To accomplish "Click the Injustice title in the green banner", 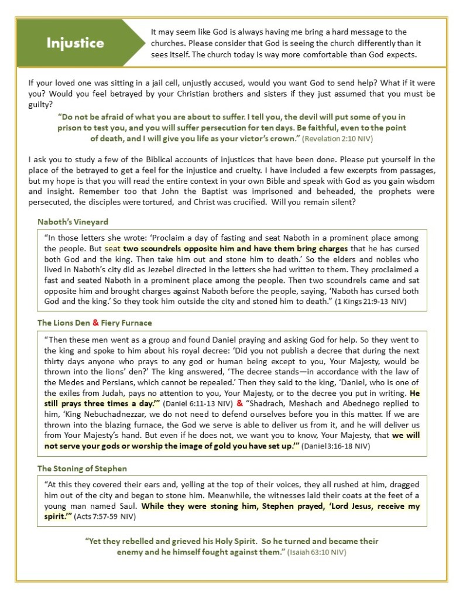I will [x=76, y=42].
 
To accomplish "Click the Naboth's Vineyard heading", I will [x=73, y=222].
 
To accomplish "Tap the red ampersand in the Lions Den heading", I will [x=95, y=323].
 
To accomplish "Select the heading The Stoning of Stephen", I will [x=82, y=468].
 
